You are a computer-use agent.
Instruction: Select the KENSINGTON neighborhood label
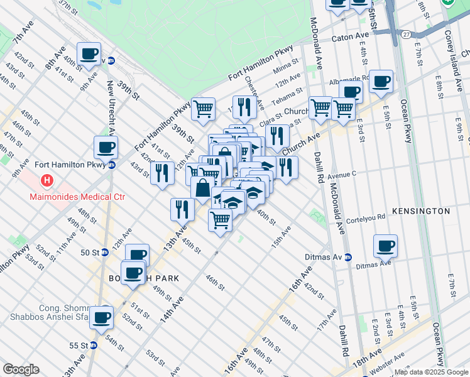point(421,211)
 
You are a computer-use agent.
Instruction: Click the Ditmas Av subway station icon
point(347,258)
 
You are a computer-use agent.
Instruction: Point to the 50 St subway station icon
point(105,253)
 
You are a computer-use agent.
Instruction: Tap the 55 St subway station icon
point(94,346)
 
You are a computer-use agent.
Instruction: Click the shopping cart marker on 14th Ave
point(220,220)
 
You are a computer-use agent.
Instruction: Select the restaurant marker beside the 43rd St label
point(162,172)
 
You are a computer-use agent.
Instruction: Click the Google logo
point(21,369)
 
